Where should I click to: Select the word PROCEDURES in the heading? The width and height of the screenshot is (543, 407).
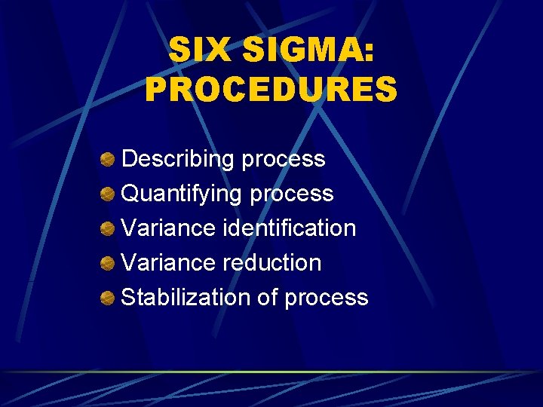(271, 90)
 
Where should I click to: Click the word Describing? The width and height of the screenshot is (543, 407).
(177, 159)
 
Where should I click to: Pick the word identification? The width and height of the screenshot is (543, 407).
(290, 228)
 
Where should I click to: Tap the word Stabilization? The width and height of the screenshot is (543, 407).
(186, 297)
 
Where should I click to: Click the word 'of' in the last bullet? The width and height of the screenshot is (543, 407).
(268, 297)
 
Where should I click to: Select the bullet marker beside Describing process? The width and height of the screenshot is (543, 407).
(109, 159)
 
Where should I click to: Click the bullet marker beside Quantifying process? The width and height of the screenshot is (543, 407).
(109, 194)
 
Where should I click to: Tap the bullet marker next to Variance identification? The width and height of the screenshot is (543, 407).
(109, 228)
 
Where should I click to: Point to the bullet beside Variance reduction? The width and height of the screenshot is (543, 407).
(109, 263)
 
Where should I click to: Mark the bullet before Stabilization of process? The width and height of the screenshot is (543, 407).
(109, 298)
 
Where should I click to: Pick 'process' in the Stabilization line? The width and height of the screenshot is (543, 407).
(327, 298)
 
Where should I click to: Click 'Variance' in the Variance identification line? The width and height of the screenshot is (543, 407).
(169, 228)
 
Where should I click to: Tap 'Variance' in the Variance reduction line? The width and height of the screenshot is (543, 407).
(169, 262)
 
